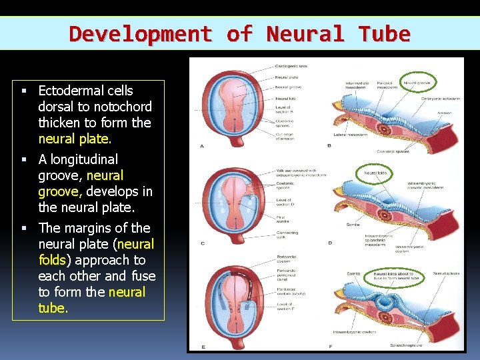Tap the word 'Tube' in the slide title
(383, 33)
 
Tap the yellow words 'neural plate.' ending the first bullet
(75, 139)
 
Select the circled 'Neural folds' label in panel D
(375, 173)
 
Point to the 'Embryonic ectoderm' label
(440, 99)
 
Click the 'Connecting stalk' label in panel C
(287, 234)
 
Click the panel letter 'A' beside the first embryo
(202, 145)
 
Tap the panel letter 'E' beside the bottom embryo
(203, 347)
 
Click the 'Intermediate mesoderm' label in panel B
(357, 85)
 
